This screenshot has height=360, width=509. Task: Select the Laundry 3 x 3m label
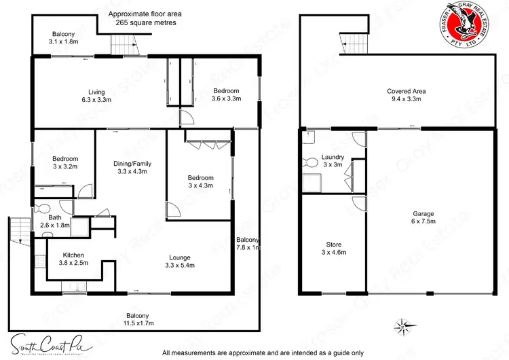tap(333, 161)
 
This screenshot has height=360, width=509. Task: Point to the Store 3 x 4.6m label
tap(333, 248)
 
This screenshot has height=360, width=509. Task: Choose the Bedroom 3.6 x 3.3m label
tap(225, 94)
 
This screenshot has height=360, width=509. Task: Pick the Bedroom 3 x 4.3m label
tap(200, 181)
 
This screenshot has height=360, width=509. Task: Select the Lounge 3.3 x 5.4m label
tap(180, 261)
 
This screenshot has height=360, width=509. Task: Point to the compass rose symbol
tap(404, 325)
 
